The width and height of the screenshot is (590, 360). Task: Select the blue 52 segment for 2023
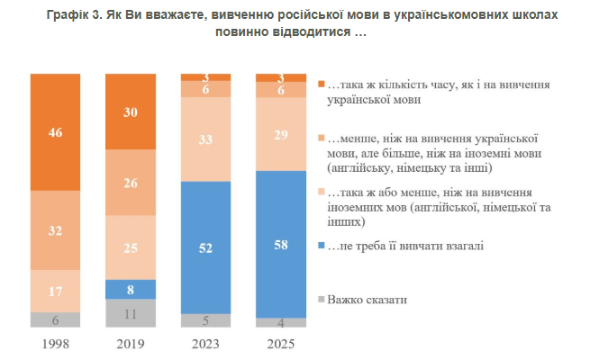coord(205,247)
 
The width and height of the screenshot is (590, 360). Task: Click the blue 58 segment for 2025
coord(280,244)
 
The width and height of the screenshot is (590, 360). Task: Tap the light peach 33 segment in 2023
coord(205,139)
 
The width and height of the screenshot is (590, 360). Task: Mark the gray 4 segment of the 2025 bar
coord(280,322)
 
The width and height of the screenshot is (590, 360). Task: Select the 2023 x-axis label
coord(205,344)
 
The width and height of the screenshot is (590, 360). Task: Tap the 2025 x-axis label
coord(280,344)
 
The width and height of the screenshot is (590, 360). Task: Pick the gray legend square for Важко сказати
coord(322,298)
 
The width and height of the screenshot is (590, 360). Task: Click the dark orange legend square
coord(322,85)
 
